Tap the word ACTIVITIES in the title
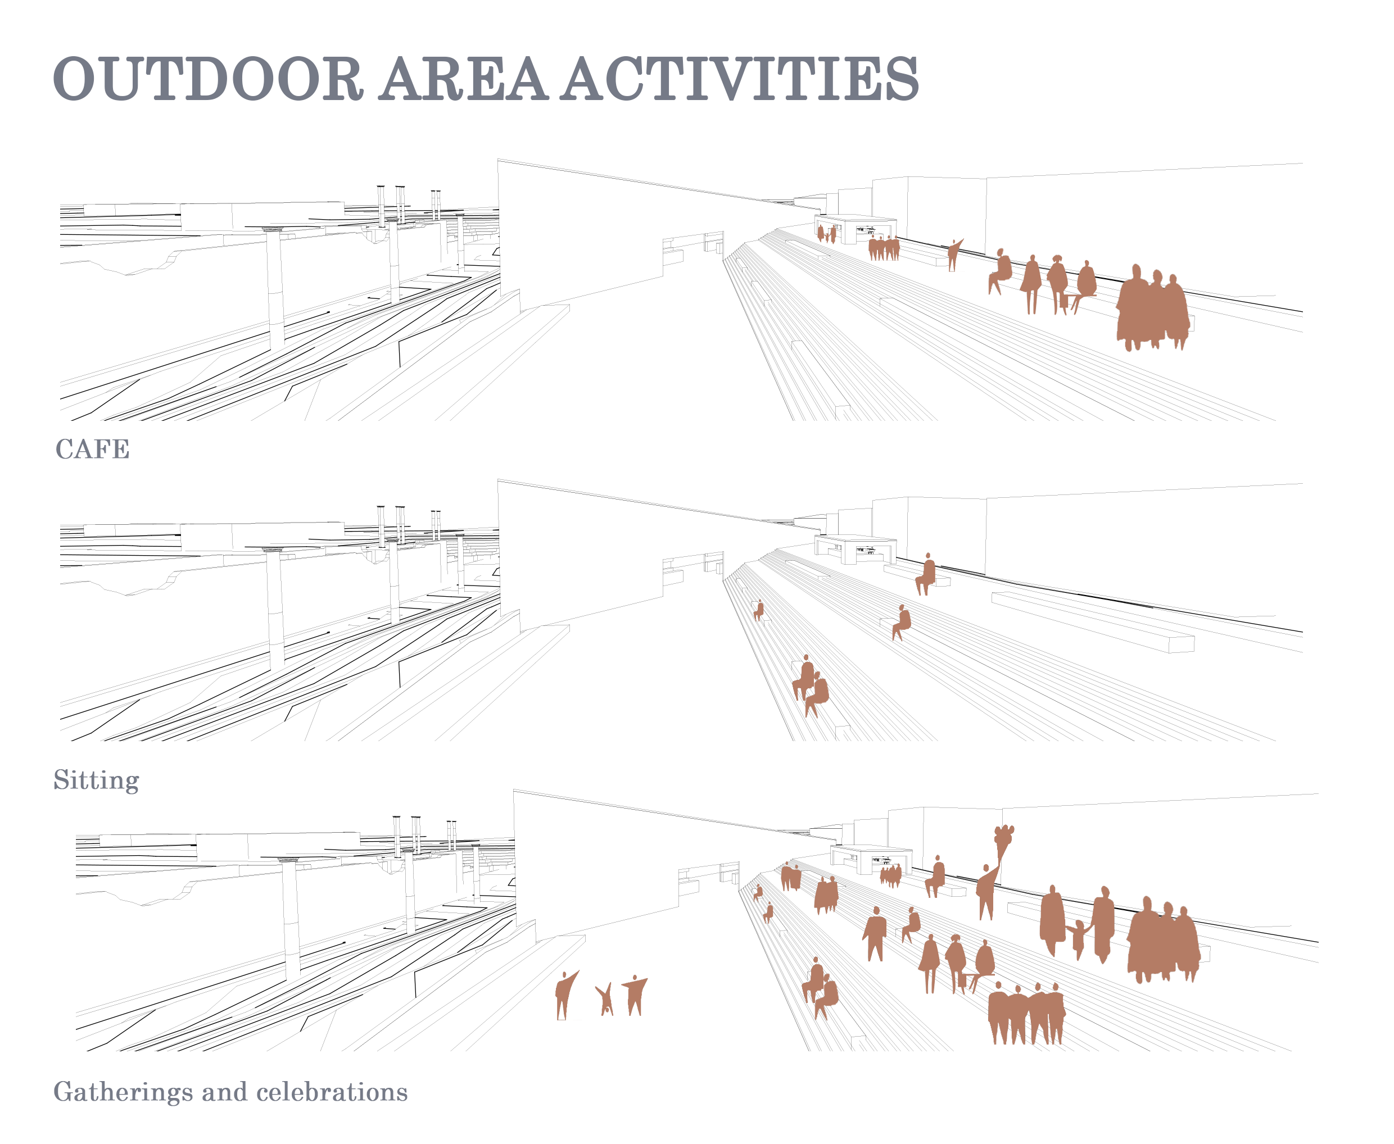click(740, 79)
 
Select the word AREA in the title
click(463, 79)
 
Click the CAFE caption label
click(92, 450)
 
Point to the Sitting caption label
click(96, 780)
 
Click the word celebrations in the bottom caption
click(332, 1092)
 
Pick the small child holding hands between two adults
click(1078, 939)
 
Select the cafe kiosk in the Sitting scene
click(856, 548)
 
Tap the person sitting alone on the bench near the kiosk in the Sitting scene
click(925, 575)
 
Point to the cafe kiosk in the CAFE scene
click(856, 228)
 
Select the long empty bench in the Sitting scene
click(1093, 622)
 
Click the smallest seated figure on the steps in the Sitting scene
click(759, 610)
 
